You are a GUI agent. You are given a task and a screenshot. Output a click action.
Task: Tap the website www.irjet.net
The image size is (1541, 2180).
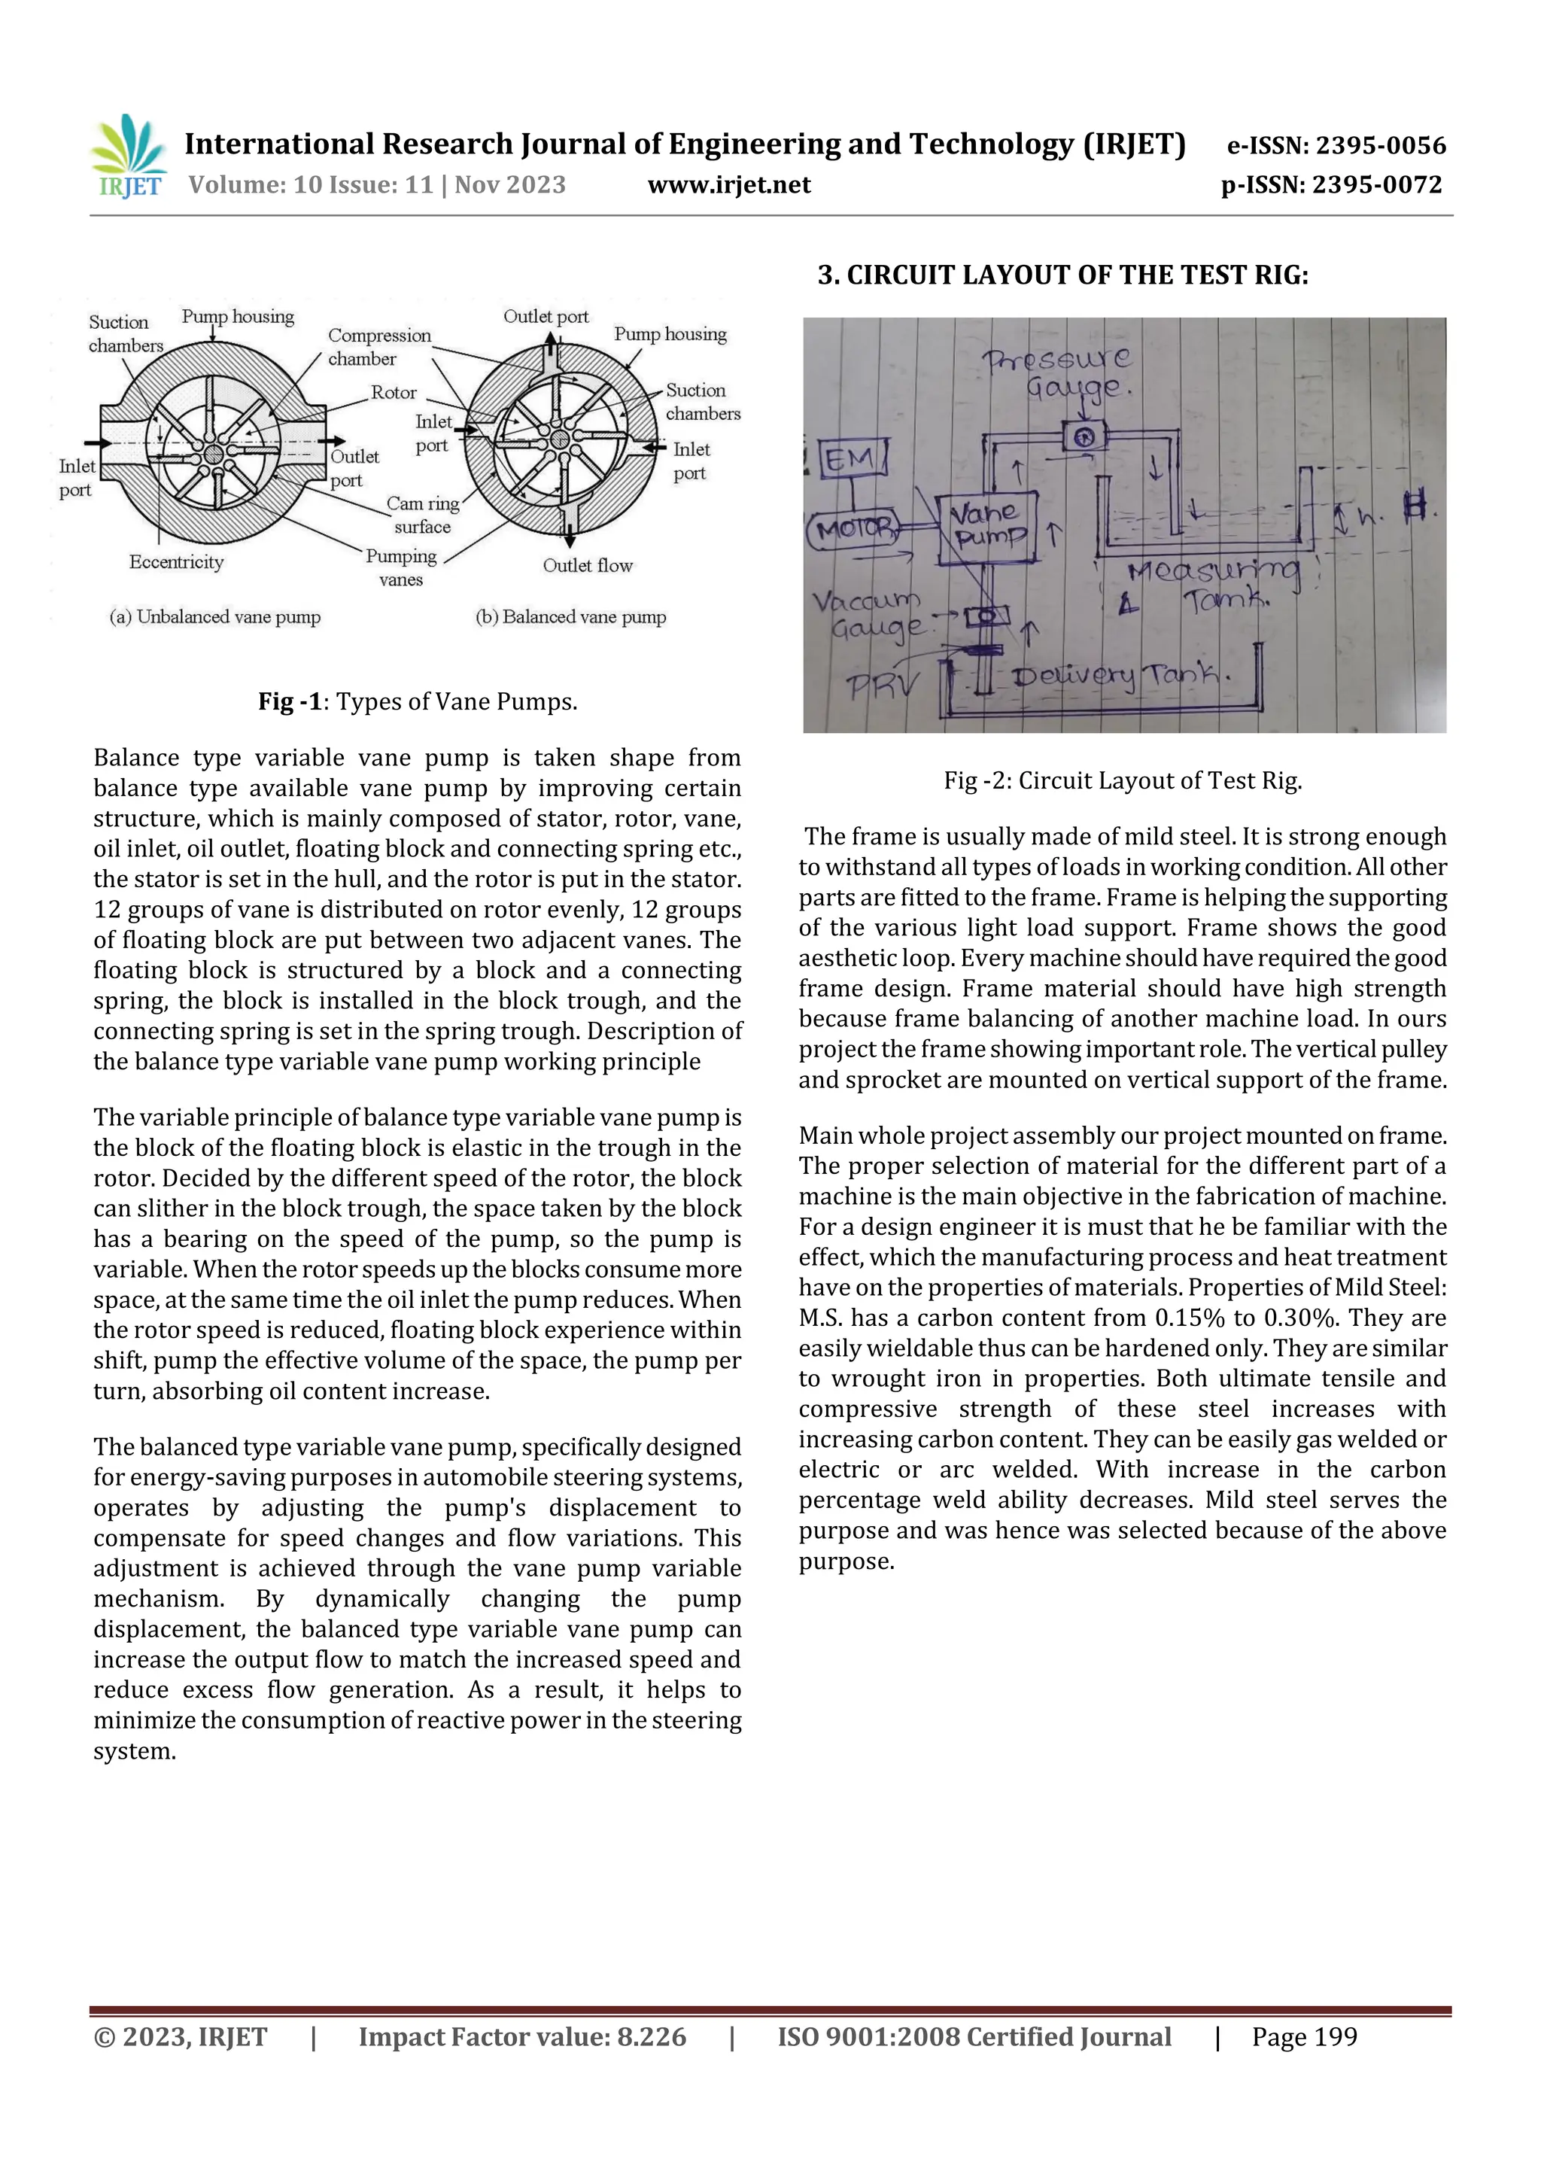(x=728, y=184)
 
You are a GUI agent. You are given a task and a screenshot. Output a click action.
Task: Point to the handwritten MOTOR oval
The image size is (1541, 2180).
(x=853, y=528)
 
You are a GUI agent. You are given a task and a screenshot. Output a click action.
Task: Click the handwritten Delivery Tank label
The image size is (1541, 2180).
(x=1120, y=675)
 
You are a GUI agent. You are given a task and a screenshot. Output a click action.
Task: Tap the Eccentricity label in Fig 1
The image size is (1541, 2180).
(x=177, y=562)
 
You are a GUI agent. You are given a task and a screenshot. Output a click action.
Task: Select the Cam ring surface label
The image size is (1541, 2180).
(x=423, y=515)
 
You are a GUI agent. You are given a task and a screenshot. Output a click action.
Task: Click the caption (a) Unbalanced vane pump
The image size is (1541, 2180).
(x=215, y=617)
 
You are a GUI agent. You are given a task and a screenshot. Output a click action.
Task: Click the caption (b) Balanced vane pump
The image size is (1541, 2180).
(x=570, y=617)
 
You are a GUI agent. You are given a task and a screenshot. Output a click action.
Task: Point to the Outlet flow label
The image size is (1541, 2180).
(x=587, y=566)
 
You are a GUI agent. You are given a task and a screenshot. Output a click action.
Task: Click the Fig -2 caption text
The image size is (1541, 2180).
(x=1123, y=780)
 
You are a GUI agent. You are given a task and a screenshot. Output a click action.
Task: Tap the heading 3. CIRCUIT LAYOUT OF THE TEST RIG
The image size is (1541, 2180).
(x=1062, y=275)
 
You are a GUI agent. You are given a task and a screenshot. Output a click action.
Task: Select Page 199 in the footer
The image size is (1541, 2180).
(x=1304, y=2036)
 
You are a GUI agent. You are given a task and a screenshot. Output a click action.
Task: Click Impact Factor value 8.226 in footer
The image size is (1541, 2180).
(x=521, y=2036)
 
